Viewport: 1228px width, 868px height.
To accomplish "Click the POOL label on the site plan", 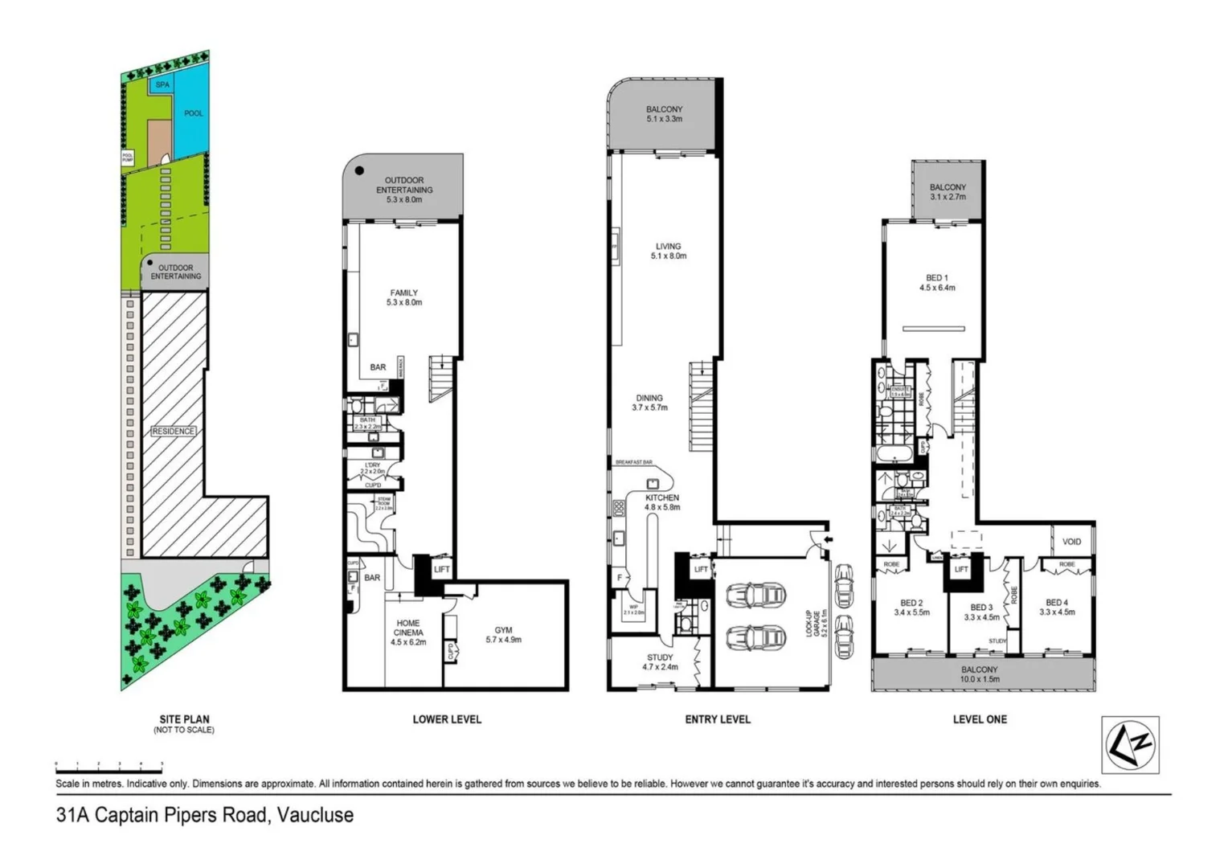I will click(x=194, y=113).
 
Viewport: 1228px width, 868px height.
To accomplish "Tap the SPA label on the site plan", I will click(x=162, y=84).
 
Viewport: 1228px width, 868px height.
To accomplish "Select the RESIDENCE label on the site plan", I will click(x=173, y=432).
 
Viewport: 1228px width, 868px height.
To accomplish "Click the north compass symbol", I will click(x=1129, y=744).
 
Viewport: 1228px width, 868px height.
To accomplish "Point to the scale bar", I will click(x=108, y=764).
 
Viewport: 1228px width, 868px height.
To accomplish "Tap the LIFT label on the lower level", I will click(x=442, y=570).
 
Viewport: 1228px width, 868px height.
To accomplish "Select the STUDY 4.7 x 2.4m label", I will click(x=660, y=662).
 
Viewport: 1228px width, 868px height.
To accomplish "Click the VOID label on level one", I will click(x=1071, y=542).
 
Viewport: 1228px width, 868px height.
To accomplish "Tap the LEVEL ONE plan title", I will click(x=980, y=719).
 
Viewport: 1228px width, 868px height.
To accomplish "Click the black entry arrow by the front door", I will click(x=829, y=539).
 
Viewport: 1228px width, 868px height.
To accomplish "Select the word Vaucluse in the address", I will click(x=315, y=815).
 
